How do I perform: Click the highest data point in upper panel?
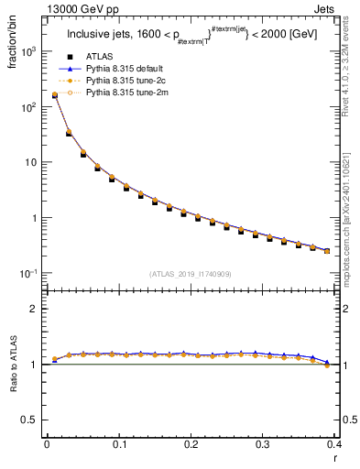click(x=54, y=94)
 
